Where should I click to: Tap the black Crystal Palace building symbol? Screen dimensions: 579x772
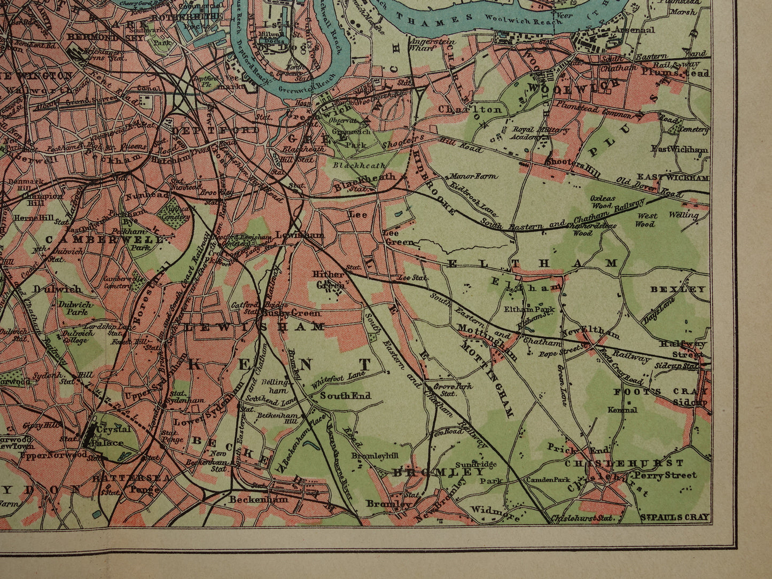(89, 438)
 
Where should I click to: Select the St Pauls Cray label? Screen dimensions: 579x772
(675, 517)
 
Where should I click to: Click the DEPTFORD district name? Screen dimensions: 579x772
(215, 130)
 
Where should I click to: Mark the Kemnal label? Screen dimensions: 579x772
(622, 410)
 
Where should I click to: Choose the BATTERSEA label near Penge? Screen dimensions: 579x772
(124, 478)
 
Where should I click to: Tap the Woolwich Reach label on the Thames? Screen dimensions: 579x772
(514, 17)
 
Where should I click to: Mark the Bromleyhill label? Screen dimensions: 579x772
(373, 456)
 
